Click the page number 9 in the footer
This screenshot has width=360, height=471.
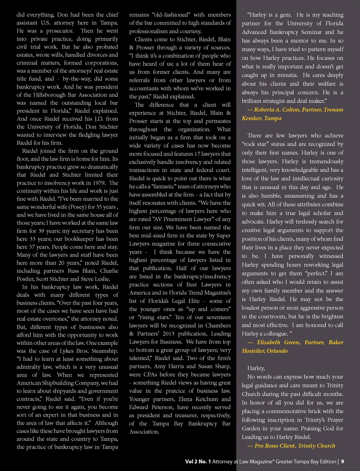(x=342, y=462)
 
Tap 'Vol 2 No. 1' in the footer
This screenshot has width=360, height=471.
(x=198, y=462)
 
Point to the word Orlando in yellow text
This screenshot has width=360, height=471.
(x=277, y=351)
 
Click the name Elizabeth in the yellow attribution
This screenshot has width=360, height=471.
(x=268, y=342)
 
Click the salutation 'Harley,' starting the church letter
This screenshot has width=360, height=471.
(x=256, y=368)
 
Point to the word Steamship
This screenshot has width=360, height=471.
(x=105, y=351)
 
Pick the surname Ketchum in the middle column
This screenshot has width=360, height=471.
(x=207, y=399)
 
